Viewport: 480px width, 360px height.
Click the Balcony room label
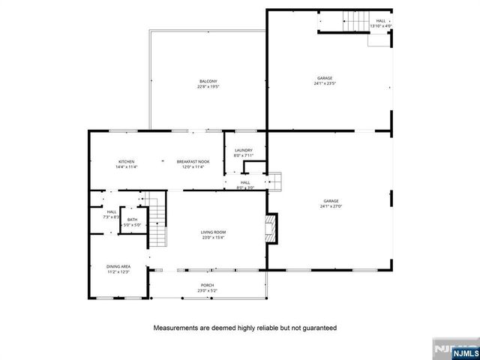tap(208, 81)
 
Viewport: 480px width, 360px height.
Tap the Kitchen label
tap(126, 162)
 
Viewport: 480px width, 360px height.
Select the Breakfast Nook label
tap(193, 162)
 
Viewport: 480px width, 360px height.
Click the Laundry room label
tap(244, 150)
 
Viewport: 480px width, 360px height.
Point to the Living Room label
tap(213, 232)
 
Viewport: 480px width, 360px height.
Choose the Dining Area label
tap(118, 266)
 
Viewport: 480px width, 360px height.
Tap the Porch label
tap(207, 285)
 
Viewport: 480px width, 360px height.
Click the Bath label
tap(132, 219)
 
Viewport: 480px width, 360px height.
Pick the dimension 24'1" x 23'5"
tap(324, 83)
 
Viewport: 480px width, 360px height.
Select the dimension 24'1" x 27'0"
tap(331, 206)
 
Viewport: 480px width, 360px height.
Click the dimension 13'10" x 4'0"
tap(381, 26)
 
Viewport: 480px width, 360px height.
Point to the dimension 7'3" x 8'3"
tap(111, 217)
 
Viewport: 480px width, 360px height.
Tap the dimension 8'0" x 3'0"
tap(245, 187)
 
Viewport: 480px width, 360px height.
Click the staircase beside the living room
tap(155, 220)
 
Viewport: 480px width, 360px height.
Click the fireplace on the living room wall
tap(271, 228)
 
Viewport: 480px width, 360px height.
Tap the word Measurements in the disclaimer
tap(181, 328)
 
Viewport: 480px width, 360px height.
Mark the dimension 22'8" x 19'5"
tap(208, 87)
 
